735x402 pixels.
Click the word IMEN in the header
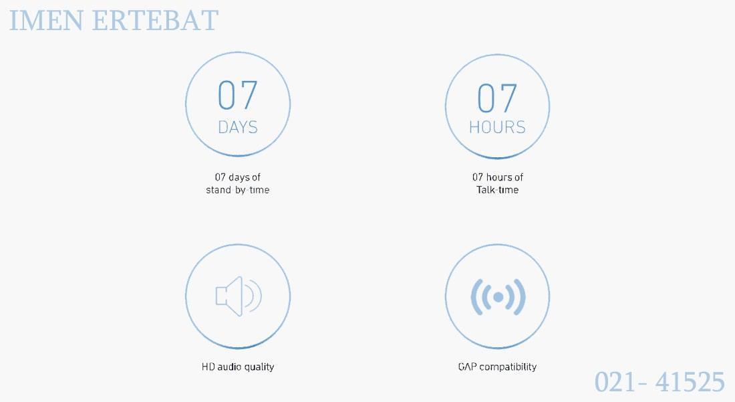click(46, 20)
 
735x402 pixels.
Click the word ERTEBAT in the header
click(155, 20)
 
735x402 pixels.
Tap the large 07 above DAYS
click(238, 95)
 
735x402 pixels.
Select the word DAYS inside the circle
click(238, 127)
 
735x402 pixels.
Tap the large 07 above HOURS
click(497, 98)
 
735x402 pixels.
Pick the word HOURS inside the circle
click(497, 127)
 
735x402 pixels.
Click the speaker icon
click(238, 296)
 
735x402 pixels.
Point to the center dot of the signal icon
click(498, 297)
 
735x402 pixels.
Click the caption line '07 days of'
click(238, 177)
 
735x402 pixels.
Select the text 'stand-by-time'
click(238, 190)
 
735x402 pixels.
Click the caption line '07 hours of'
click(497, 177)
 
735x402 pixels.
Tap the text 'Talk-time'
click(497, 190)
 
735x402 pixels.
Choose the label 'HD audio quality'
click(238, 367)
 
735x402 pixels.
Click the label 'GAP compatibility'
click(497, 367)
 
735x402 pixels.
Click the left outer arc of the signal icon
click(474, 297)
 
